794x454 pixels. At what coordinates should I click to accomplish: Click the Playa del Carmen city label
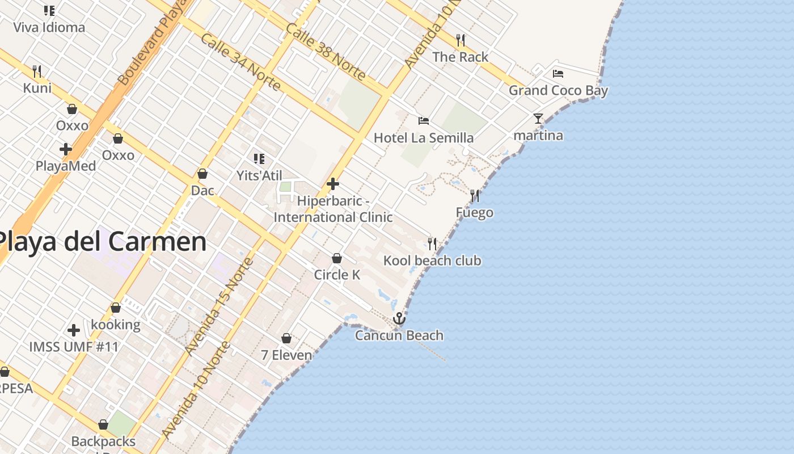click(x=102, y=242)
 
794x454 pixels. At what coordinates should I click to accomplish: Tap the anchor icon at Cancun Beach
click(x=399, y=318)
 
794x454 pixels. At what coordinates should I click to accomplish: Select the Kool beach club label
click(x=432, y=260)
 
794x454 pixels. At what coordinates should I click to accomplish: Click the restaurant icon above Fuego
click(x=475, y=196)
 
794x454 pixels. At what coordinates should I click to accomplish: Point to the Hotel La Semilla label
click(x=424, y=138)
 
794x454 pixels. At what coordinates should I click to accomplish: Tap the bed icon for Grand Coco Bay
click(x=558, y=74)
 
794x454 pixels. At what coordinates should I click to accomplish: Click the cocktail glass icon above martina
click(x=538, y=119)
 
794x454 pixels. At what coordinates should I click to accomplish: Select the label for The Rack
click(x=460, y=57)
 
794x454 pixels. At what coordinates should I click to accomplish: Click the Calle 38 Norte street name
click(x=326, y=52)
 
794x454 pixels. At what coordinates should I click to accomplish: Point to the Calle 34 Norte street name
click(x=240, y=62)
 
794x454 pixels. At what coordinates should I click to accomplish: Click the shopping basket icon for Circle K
click(x=337, y=258)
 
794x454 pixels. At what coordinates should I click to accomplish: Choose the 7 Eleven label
click(x=286, y=355)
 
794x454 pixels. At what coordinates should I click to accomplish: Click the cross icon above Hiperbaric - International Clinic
click(x=333, y=184)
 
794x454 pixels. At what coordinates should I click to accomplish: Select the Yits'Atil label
click(x=259, y=175)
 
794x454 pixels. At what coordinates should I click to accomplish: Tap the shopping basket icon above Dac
click(x=202, y=174)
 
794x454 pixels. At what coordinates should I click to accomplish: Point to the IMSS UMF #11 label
click(x=74, y=346)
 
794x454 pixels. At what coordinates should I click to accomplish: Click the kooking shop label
click(x=116, y=325)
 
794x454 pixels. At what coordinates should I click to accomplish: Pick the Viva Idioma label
click(x=49, y=27)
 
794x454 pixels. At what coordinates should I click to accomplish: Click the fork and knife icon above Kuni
click(x=37, y=72)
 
